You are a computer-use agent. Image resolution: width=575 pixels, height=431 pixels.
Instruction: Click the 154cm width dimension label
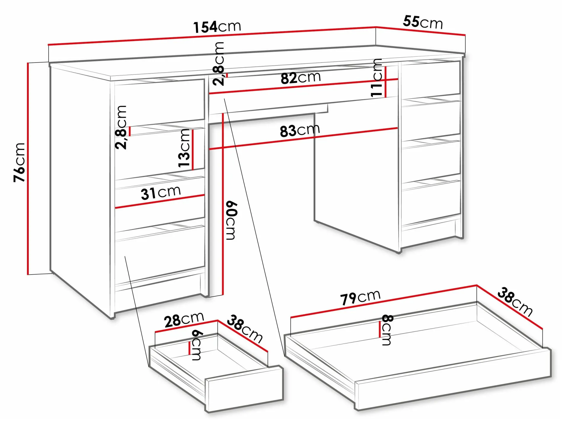click(217, 27)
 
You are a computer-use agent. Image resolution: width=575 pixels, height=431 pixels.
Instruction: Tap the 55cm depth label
click(423, 22)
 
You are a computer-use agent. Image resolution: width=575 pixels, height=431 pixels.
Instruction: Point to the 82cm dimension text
click(301, 78)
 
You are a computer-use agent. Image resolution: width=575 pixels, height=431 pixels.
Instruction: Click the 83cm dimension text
click(300, 130)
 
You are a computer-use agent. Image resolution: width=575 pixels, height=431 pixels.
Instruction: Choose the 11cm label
click(376, 78)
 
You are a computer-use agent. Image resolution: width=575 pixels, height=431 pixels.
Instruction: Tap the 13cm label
click(184, 148)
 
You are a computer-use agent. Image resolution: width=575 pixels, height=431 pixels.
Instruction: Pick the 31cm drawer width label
click(161, 193)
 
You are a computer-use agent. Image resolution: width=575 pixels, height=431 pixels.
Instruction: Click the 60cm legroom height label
click(231, 220)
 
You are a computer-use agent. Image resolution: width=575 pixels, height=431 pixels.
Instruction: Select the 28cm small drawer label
click(184, 320)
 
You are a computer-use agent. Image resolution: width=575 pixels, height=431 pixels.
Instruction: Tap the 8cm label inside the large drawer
click(387, 330)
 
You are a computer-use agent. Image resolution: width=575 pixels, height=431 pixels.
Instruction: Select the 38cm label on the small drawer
click(245, 329)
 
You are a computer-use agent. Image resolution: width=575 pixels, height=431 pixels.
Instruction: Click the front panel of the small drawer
click(244, 389)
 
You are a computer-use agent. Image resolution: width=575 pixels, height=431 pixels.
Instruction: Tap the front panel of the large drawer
click(453, 379)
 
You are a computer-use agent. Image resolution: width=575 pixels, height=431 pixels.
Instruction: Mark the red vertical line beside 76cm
click(28, 169)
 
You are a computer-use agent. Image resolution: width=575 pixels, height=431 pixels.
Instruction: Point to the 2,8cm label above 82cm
click(218, 64)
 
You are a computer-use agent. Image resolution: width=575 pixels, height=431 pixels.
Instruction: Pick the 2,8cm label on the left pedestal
click(121, 127)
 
